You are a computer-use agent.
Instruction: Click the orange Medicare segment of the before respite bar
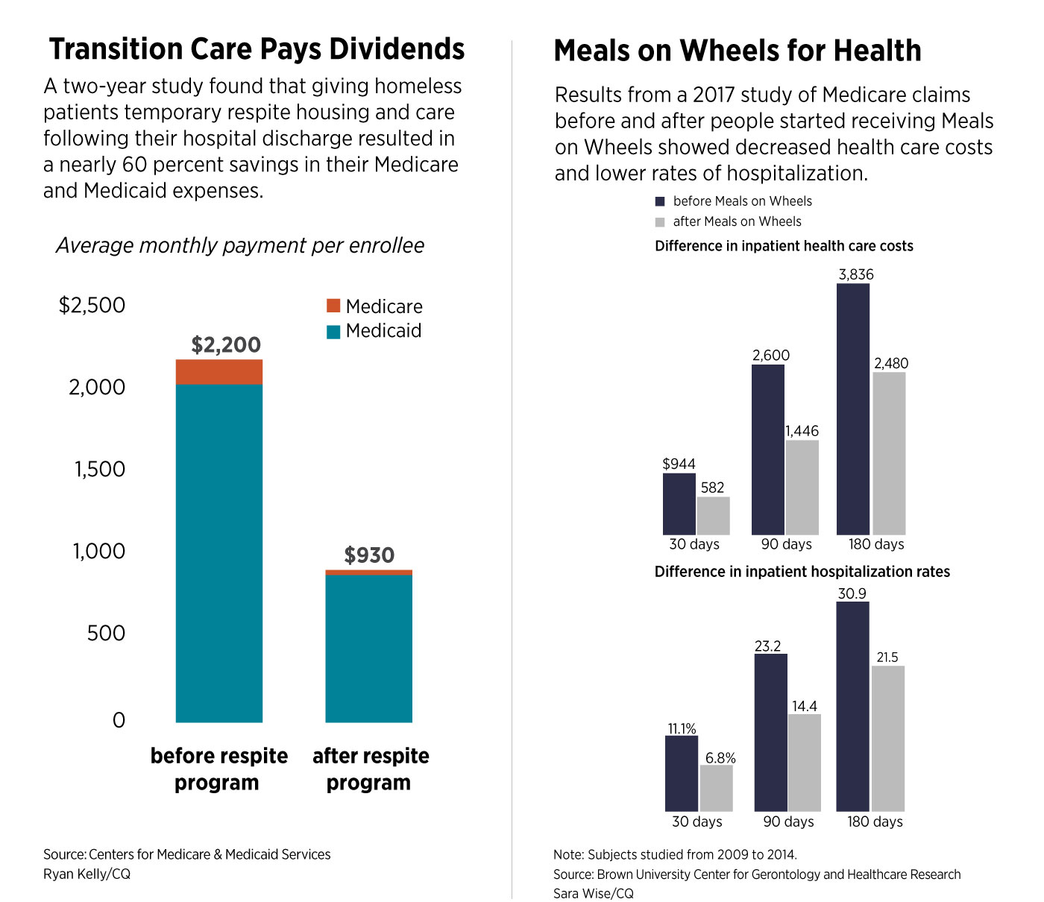click(218, 371)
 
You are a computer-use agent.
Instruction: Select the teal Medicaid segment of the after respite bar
click(368, 649)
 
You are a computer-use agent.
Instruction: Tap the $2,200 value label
click(226, 344)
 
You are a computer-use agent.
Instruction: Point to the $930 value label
click(369, 555)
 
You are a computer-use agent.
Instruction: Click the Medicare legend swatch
click(333, 306)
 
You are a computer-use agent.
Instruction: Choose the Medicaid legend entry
click(374, 331)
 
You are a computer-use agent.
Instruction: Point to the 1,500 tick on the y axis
click(99, 469)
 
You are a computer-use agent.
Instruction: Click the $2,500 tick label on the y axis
click(92, 305)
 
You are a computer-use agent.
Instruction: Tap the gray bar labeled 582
click(713, 515)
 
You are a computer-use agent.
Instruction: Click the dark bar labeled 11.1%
click(681, 773)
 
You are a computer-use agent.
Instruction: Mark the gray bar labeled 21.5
click(887, 738)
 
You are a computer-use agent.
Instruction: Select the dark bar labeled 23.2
click(770, 732)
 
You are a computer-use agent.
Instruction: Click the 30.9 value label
click(852, 593)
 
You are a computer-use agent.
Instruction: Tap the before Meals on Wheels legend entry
click(734, 201)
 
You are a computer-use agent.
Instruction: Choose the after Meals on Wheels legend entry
click(728, 221)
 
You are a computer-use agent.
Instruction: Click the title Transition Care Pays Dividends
click(257, 49)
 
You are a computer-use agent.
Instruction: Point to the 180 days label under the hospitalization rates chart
click(875, 821)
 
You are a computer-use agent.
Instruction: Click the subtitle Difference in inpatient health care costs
click(784, 246)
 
